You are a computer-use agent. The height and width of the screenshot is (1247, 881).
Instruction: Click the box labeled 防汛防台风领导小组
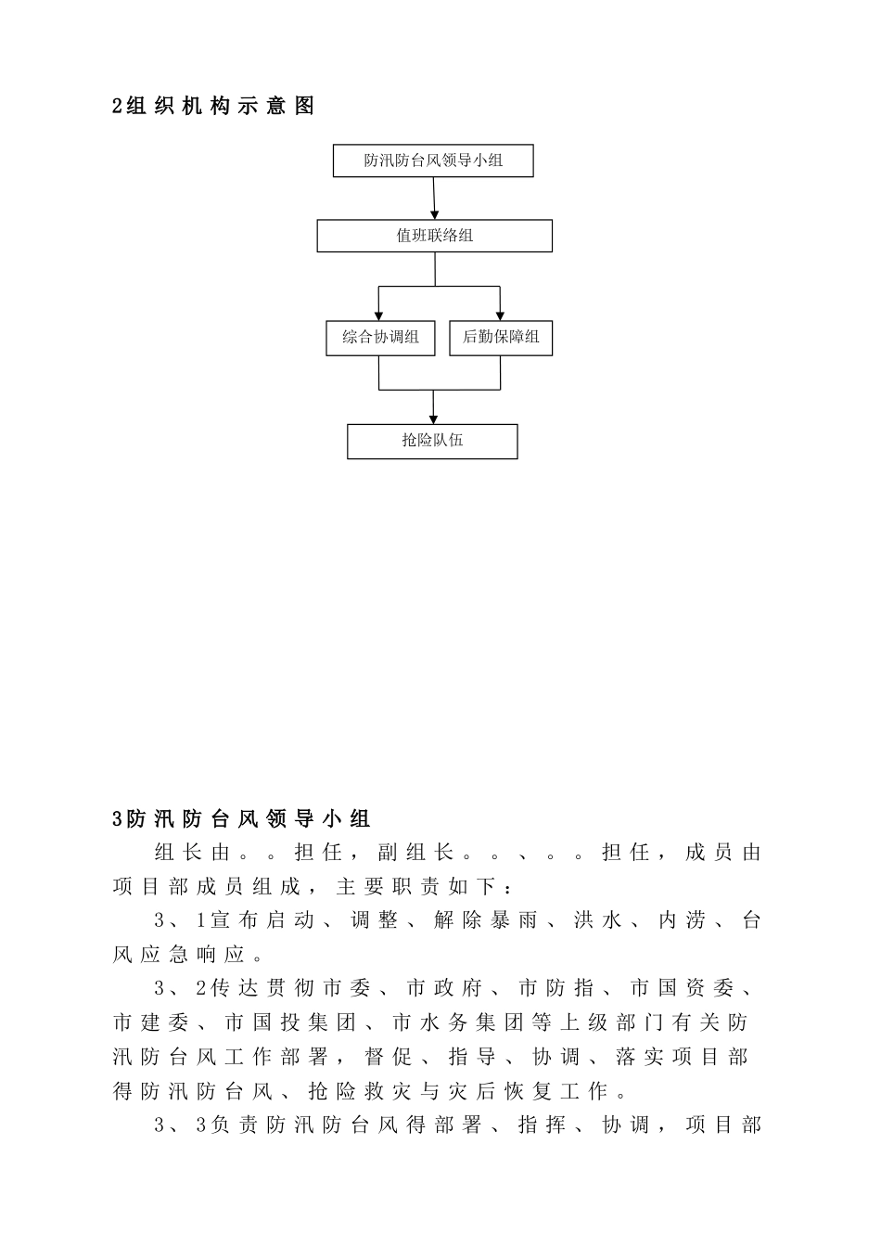pyautogui.click(x=433, y=161)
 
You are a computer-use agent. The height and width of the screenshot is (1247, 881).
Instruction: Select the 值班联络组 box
pyautogui.click(x=434, y=236)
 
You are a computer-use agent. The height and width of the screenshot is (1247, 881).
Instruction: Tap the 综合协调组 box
pyautogui.click(x=380, y=337)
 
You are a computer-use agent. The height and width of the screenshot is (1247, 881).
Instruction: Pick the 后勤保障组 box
pyautogui.click(x=501, y=337)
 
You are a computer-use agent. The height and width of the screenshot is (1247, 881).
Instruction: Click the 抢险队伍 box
pyautogui.click(x=432, y=441)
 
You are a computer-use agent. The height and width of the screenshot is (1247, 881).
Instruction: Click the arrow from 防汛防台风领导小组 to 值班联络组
pyautogui.click(x=434, y=198)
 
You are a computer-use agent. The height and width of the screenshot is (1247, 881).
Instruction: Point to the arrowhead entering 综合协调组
pyautogui.click(x=379, y=315)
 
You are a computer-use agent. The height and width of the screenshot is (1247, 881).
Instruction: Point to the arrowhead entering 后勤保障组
pyautogui.click(x=501, y=315)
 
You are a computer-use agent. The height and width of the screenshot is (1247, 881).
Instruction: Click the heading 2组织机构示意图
pyautogui.click(x=213, y=107)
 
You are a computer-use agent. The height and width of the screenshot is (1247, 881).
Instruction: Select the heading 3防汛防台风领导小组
pyautogui.click(x=241, y=818)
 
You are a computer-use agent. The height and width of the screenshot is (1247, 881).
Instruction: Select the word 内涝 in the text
pyautogui.click(x=683, y=920)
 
